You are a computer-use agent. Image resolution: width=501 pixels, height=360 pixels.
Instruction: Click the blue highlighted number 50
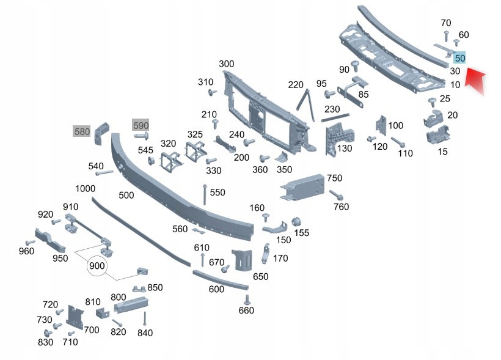tap(459, 58)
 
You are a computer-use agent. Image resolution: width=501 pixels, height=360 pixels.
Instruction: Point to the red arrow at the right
tap(475, 80)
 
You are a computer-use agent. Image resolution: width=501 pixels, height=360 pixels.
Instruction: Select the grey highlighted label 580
tap(82, 131)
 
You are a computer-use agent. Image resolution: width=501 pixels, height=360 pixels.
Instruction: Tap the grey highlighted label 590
tap(141, 125)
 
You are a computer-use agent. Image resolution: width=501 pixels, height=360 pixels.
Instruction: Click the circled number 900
tap(97, 266)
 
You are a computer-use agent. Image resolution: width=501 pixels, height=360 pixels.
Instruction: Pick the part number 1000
tap(85, 189)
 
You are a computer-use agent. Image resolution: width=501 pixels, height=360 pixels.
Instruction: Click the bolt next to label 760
tap(336, 195)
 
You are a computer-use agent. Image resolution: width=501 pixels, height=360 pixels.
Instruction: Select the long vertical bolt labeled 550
tap(205, 194)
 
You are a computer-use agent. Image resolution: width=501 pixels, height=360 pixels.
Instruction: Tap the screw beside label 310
tap(212, 92)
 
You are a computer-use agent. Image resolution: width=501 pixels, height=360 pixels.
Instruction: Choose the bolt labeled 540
tap(104, 173)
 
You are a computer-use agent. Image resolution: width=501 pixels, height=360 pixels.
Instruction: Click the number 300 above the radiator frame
tap(226, 64)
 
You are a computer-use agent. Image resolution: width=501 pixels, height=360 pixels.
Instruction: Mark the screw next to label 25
tap(432, 102)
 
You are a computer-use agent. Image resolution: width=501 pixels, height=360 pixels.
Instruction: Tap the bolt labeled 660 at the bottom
tap(246, 300)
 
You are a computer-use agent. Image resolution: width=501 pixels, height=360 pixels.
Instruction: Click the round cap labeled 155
tap(296, 222)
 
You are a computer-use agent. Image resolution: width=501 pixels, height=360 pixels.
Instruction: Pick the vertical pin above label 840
tap(145, 318)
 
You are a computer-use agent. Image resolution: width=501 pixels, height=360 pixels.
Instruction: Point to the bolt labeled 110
tap(398, 142)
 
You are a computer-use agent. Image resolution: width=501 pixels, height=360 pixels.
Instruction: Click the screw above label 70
tap(447, 36)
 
